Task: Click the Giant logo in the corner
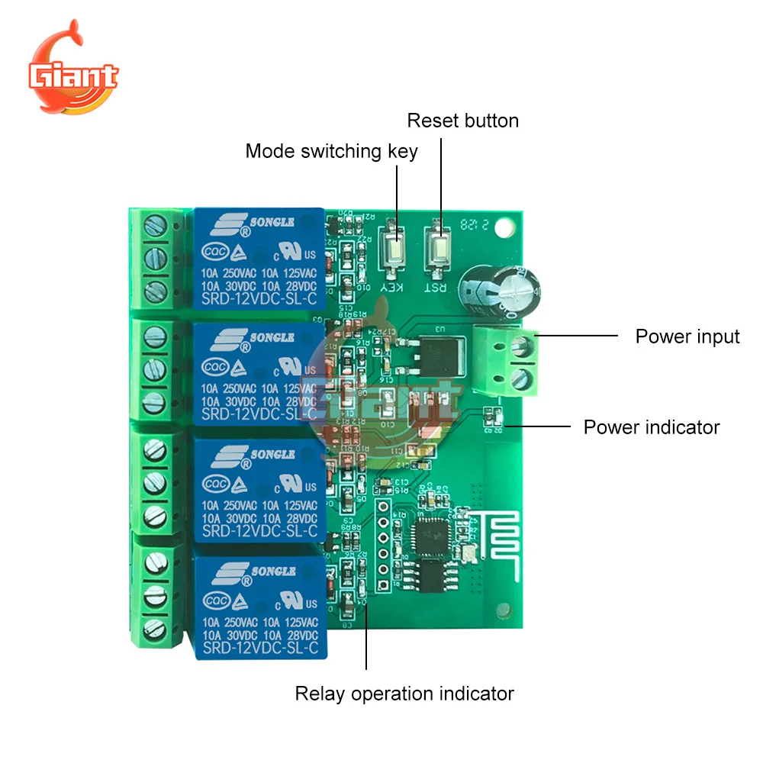73,76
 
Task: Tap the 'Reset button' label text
462,121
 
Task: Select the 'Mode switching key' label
331,151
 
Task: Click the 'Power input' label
687,336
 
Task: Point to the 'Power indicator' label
651,427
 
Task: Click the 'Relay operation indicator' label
404,694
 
